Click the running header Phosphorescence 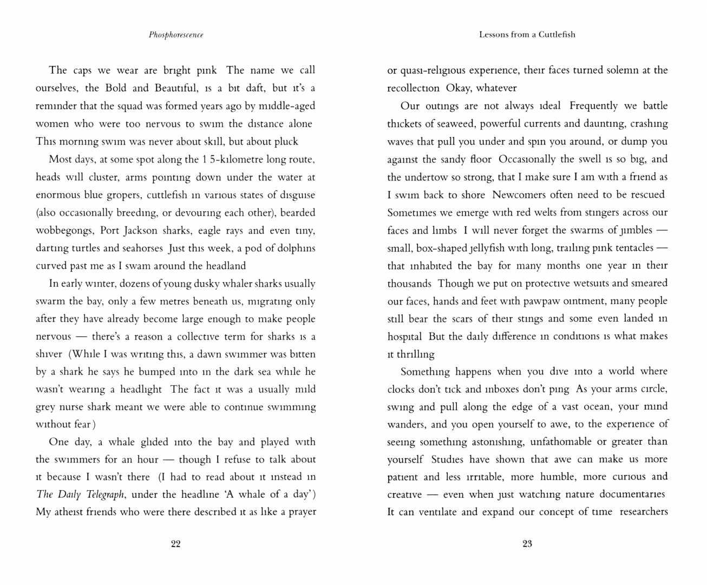pos(176,35)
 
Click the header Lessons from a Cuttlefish pos(527,35)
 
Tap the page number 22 pos(175,544)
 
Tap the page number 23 pos(527,544)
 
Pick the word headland pos(224,265)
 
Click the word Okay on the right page pos(458,88)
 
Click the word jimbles pos(630,230)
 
